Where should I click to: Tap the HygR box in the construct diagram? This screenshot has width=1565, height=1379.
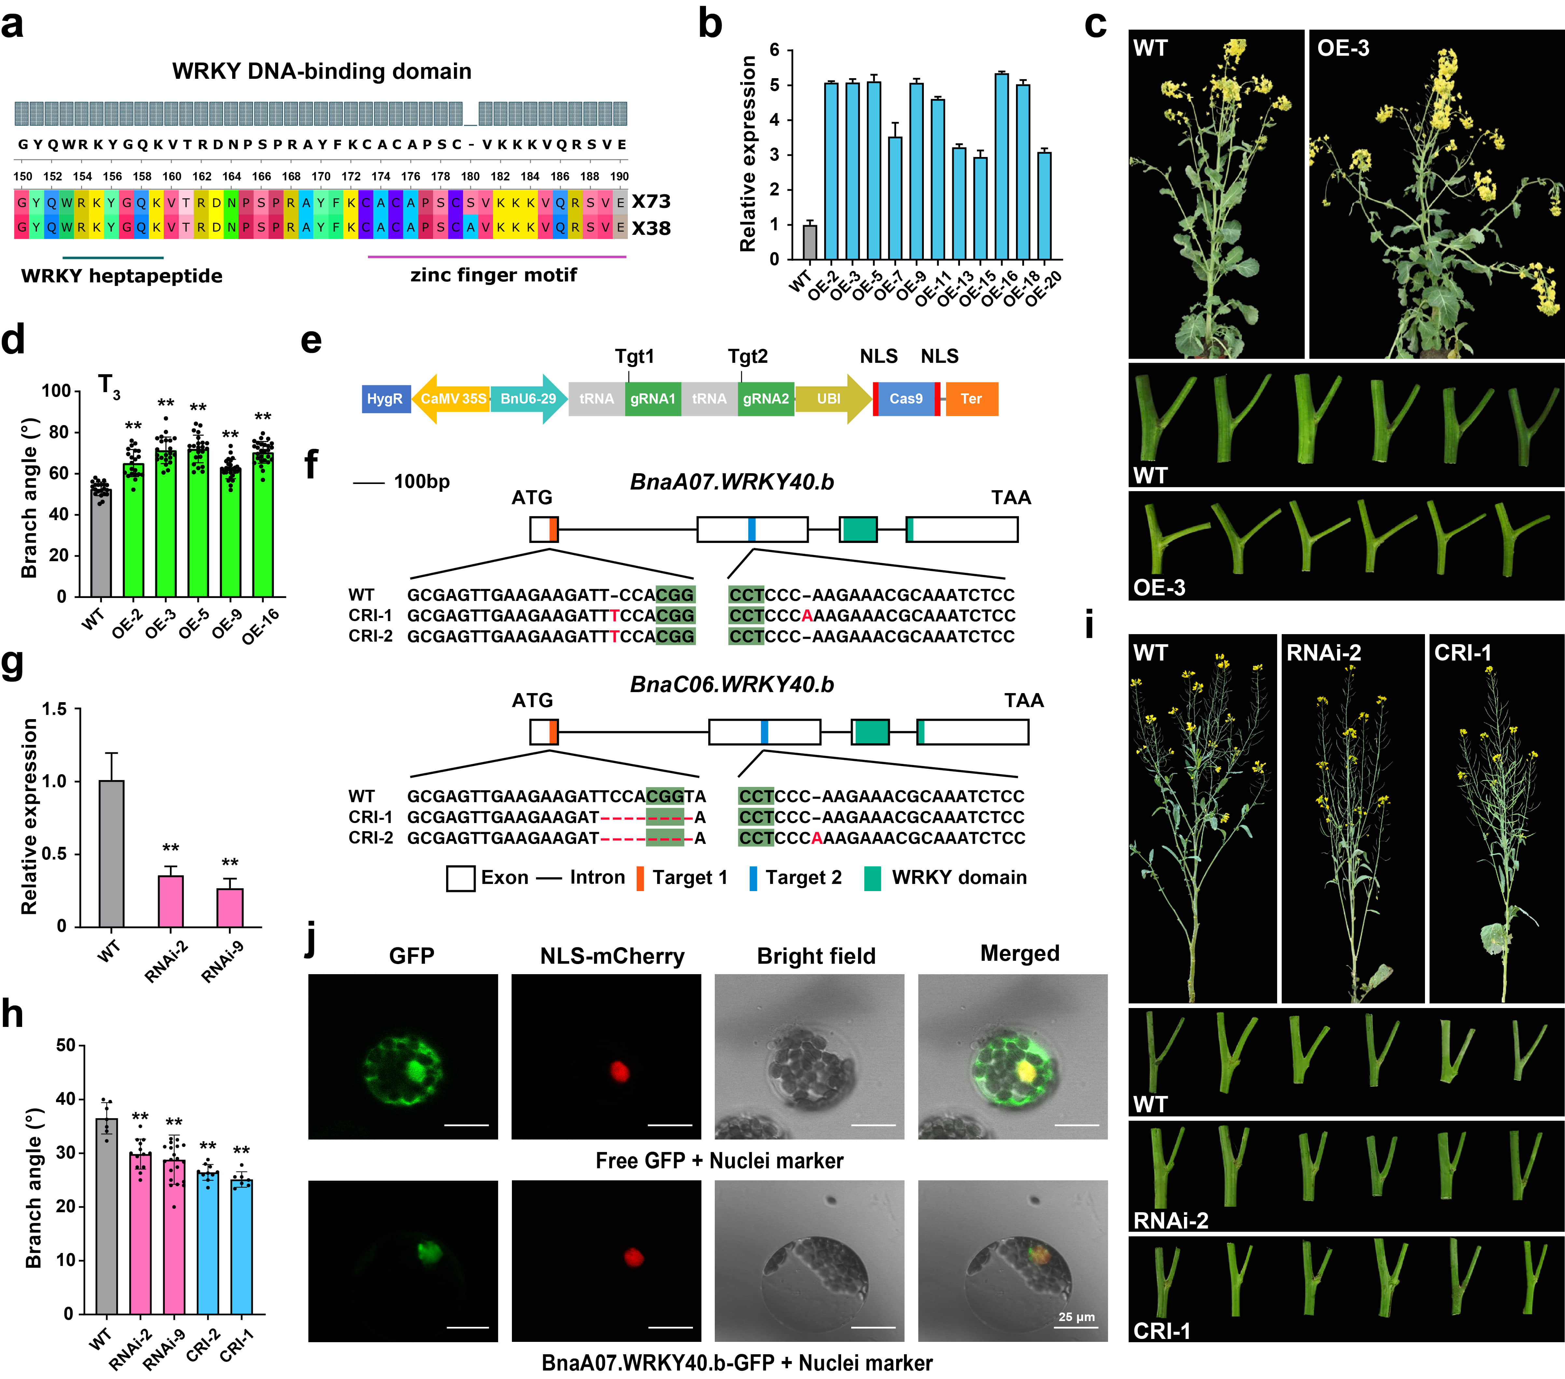pos(384,399)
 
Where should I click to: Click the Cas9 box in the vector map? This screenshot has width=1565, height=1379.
pos(906,399)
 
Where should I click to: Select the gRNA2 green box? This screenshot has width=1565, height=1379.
pos(766,399)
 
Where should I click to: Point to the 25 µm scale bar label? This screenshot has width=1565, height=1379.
pos(1077,1317)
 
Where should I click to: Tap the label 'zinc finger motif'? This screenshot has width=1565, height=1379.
pos(494,275)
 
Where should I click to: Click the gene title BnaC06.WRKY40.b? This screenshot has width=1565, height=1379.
pos(732,685)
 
